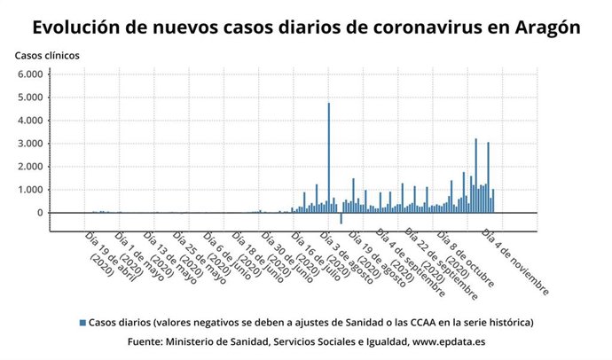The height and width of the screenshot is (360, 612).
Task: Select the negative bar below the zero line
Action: click(x=341, y=218)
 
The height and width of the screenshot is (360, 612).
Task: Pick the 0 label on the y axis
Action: click(x=38, y=213)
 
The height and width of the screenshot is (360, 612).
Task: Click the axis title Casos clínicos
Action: click(x=47, y=55)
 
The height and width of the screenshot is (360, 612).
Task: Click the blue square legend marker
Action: click(x=82, y=322)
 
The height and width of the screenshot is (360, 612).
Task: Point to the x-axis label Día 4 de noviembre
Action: click(x=516, y=262)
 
